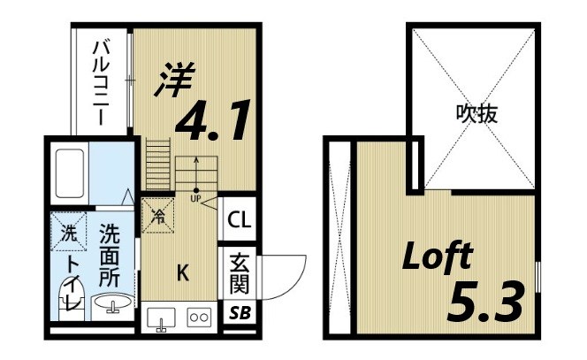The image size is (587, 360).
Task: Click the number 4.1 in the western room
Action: [x=213, y=122]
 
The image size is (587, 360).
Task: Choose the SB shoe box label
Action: [x=239, y=313]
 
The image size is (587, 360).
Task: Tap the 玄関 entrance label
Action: [x=239, y=273]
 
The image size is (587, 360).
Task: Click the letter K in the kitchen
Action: [x=182, y=273]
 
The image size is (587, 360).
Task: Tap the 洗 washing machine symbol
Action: [x=68, y=234]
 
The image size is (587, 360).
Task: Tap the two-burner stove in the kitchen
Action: [x=198, y=317]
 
